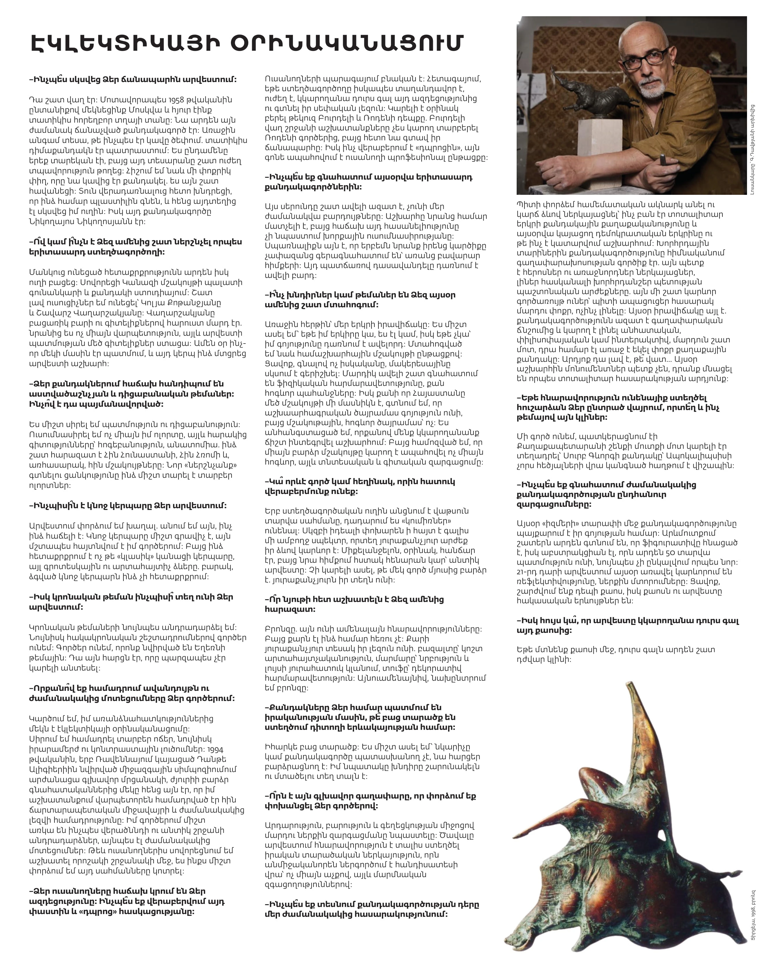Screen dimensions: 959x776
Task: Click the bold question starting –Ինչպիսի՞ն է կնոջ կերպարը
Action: (128, 506)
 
